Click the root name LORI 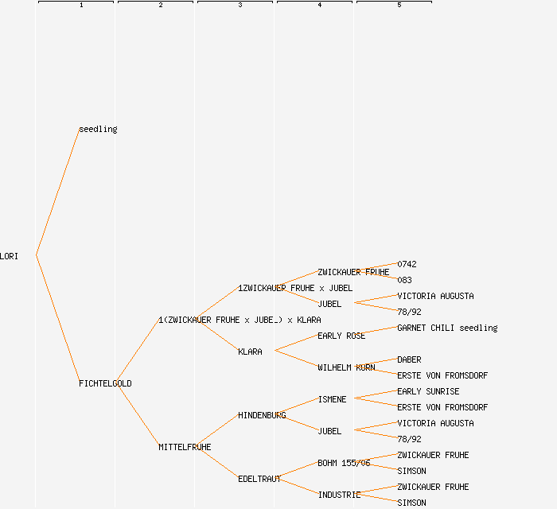coord(10,256)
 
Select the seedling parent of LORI coord(98,129)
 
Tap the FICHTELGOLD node coord(105,383)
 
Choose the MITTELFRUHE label coord(185,447)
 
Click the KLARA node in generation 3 coord(250,352)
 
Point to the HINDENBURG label coord(262,415)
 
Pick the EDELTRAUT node coord(259,479)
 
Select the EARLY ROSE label coord(341,336)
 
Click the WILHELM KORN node coord(346,367)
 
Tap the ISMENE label coord(332,399)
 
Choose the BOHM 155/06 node coord(344,463)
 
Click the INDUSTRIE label coord(339,495)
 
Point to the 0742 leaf coord(407,264)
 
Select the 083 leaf coord(404,280)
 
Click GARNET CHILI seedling coord(447,328)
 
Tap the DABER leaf coord(409,359)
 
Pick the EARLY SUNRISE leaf coord(428,391)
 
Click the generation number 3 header coord(240,6)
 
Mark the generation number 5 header coord(399,6)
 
